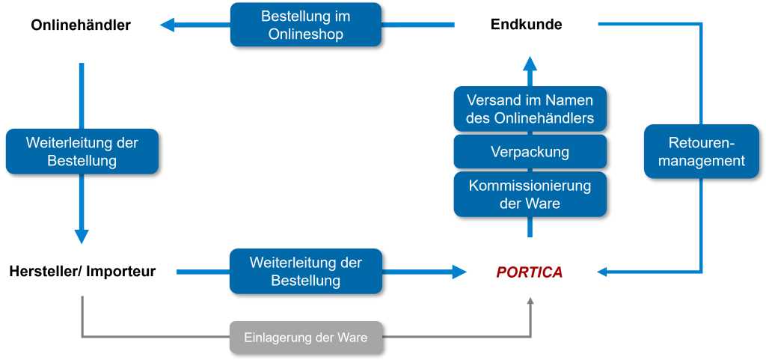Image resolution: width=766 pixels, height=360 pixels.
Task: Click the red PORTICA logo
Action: [529, 272]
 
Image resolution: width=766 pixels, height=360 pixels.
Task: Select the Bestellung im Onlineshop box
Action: [305, 25]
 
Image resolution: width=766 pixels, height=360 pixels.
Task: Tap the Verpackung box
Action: [530, 152]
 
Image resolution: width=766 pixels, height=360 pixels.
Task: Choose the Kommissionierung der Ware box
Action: [530, 194]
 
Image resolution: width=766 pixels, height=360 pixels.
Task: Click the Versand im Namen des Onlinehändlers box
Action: [530, 109]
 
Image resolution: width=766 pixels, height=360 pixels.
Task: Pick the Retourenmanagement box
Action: [701, 151]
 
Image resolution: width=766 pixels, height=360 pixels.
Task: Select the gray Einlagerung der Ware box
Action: [305, 338]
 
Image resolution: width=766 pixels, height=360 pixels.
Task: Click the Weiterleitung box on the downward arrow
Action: [82, 151]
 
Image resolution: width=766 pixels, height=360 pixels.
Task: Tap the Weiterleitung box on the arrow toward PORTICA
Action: [305, 272]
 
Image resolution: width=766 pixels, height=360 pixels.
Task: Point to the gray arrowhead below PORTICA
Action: [530, 301]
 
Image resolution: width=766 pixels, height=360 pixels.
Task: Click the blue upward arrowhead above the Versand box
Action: [530, 63]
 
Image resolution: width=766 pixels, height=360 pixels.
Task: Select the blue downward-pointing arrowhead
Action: [82, 236]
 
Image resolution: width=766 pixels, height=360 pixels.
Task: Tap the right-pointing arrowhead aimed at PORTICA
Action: [459, 272]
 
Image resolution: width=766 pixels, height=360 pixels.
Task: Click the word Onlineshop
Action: [305, 34]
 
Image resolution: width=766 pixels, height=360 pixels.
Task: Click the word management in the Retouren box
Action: [701, 160]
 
